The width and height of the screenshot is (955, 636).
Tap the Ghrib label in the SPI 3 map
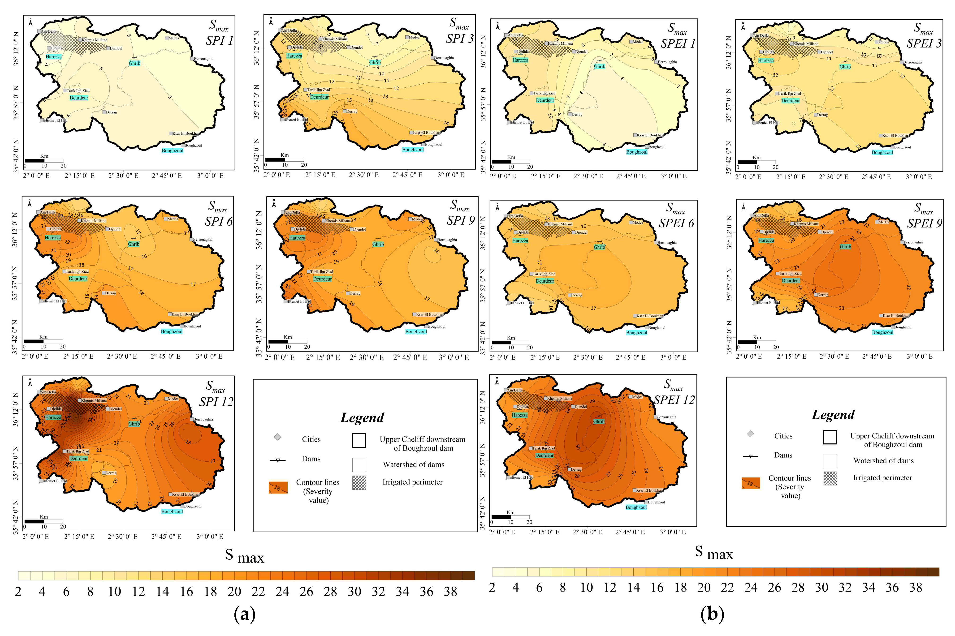coord(374,62)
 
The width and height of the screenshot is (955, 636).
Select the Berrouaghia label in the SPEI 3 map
coord(912,62)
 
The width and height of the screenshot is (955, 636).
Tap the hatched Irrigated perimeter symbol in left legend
coord(359,482)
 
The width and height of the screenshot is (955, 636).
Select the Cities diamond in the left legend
coord(277,437)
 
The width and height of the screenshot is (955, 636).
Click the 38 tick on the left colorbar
coord(450,592)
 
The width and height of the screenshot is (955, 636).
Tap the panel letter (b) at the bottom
coord(712,614)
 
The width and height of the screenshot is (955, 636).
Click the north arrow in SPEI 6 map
coord(497,207)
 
